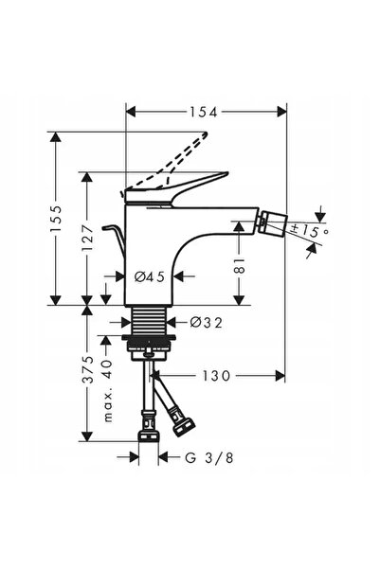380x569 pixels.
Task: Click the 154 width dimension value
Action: pos(203,113)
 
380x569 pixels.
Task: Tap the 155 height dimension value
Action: pos(56,220)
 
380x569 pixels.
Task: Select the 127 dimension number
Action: pos(87,238)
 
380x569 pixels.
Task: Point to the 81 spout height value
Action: pos(239,266)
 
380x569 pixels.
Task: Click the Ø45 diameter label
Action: pos(150,276)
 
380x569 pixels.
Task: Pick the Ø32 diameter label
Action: pos(206,322)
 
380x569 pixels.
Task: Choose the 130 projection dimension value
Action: pos(216,376)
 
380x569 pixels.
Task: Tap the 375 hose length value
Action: pos(87,369)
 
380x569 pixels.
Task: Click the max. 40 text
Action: pos(108,390)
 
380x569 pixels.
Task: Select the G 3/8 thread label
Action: pos(208,457)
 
